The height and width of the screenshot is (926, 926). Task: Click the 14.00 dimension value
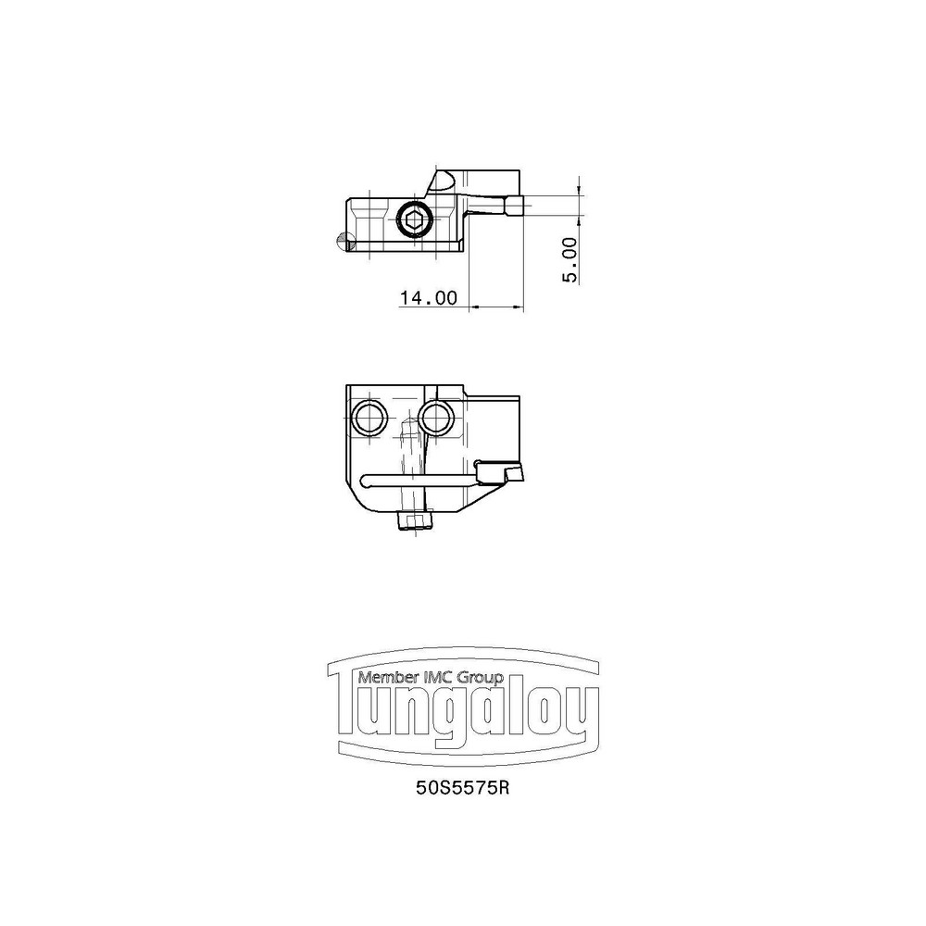pyautogui.click(x=429, y=298)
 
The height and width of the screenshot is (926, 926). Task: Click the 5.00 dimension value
pyautogui.click(x=570, y=259)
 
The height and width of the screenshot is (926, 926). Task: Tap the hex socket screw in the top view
pyautogui.click(x=413, y=219)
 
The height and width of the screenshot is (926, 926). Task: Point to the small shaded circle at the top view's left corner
pyautogui.click(x=344, y=242)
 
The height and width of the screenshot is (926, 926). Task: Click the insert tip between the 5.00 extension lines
pyautogui.click(x=515, y=206)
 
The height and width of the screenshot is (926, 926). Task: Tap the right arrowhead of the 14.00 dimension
pyautogui.click(x=519, y=307)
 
